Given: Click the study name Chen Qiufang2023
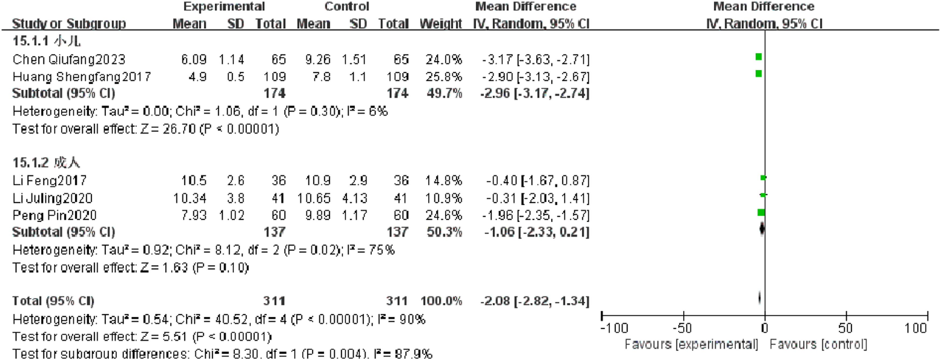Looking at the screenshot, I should click(69, 59).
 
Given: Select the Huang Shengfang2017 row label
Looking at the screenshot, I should click(81, 77).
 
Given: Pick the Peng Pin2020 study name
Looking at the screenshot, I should click(54, 215).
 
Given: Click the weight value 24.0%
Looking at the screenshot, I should click(443, 59).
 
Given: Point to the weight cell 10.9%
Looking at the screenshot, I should click(443, 198).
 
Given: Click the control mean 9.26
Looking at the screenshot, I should click(318, 59).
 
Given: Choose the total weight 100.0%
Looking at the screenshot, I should click(441, 301).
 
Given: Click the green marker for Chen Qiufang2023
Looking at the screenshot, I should click(759, 57).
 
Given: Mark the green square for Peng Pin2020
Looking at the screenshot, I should click(761, 213).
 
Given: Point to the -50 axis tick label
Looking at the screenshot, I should click(682, 328).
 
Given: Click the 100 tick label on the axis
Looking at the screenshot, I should click(915, 328).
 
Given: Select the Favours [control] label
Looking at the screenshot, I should click(818, 344).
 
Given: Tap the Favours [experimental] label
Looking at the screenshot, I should click(691, 344).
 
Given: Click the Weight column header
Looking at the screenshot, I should click(441, 24).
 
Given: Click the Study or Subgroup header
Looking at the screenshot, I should click(69, 24).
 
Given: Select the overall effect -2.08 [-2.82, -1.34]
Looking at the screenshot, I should click(534, 301).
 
